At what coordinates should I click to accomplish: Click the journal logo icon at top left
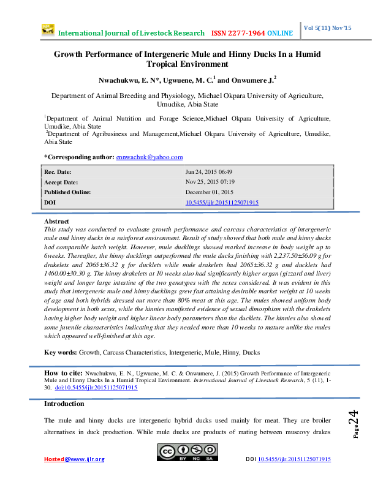pos(48,29)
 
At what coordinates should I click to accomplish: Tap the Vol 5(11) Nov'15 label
pos(328,28)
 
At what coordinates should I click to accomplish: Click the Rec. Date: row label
pos(59,173)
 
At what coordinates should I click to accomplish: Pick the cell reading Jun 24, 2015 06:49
pos(208,173)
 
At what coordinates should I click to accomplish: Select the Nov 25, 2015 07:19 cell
pos(210,182)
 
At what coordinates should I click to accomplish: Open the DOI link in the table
pos(222,202)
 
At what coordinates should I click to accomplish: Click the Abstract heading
pos(57,221)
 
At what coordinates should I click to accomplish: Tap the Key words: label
pos(61,353)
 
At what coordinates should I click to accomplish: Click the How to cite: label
pos(63,373)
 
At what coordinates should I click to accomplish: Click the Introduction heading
pos(64,404)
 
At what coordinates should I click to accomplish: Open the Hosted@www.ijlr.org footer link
pos(74,459)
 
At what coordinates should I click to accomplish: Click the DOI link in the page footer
pos(294,459)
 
